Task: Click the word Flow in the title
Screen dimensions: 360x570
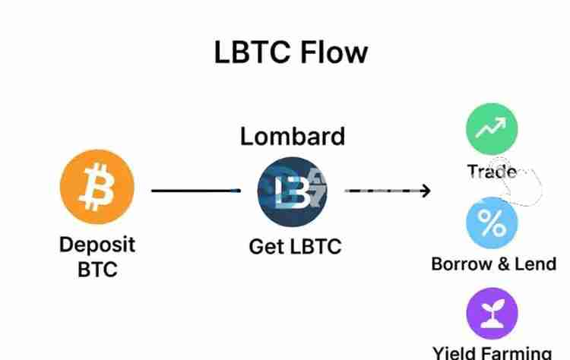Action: point(332,52)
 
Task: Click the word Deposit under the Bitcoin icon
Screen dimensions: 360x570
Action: point(97,245)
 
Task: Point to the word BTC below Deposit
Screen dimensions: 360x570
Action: point(97,270)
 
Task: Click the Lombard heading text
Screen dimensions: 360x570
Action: point(293,137)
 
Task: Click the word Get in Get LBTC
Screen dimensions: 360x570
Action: point(264,247)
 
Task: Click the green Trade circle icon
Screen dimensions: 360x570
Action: point(491,128)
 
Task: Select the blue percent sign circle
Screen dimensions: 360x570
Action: point(491,223)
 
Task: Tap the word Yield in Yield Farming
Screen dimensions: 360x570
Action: point(454,352)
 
